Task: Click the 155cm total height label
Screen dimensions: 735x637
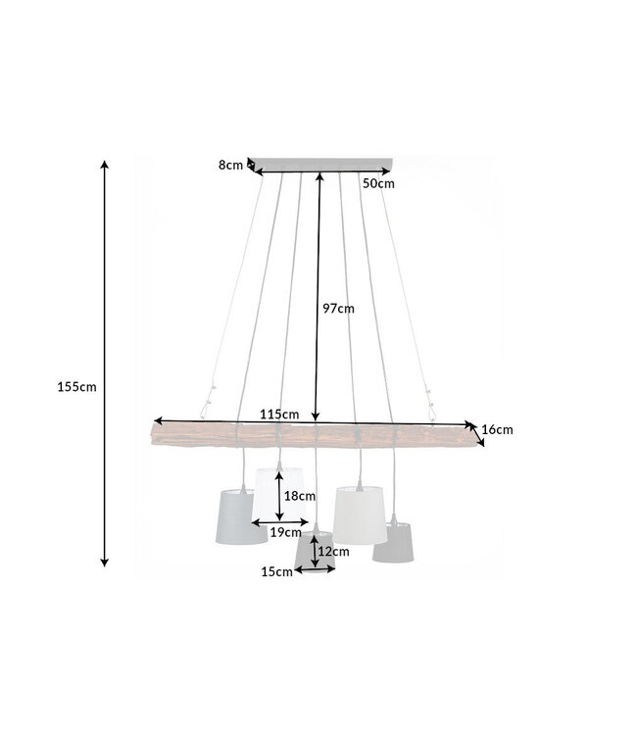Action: (77, 386)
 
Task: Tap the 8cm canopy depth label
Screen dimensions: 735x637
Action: (230, 165)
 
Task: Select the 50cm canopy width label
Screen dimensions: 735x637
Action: (378, 183)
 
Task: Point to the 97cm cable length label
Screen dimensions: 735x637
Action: (338, 308)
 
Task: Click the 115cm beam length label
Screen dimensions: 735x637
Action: (279, 415)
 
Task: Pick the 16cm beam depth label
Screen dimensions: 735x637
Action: (498, 429)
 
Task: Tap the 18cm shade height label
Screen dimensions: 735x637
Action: (299, 496)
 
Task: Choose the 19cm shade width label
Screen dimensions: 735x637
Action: (284, 532)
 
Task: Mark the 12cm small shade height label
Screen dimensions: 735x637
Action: (333, 552)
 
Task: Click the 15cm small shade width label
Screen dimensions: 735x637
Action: (277, 572)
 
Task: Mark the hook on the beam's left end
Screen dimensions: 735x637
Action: (208, 402)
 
